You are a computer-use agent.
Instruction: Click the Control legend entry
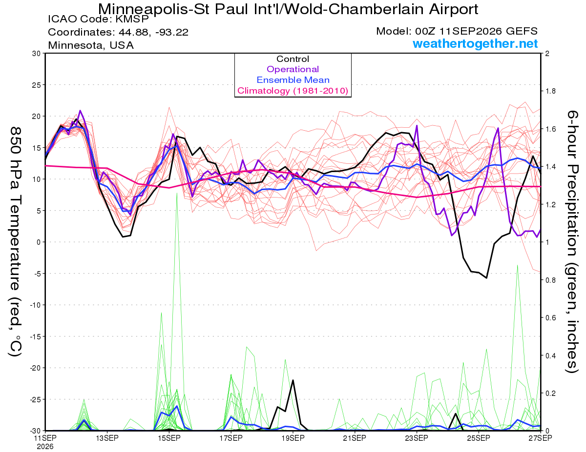pyautogui.click(x=293, y=59)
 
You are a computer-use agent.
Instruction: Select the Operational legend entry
pyautogui.click(x=293, y=69)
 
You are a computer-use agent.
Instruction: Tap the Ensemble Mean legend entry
pyautogui.click(x=293, y=80)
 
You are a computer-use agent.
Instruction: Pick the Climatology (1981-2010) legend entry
pyautogui.click(x=293, y=91)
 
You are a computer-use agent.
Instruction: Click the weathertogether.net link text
pyautogui.click(x=475, y=43)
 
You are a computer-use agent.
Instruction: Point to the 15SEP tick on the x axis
pyautogui.click(x=169, y=438)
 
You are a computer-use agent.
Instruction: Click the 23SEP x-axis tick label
pyautogui.click(x=417, y=438)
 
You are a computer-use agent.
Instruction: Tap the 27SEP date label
pyautogui.click(x=540, y=438)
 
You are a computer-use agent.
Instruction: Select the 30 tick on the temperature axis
pyautogui.click(x=36, y=54)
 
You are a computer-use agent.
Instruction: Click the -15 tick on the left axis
pyautogui.click(x=35, y=336)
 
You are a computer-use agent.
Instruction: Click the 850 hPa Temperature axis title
pyautogui.click(x=16, y=241)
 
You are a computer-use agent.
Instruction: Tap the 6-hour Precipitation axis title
pyautogui.click(x=572, y=241)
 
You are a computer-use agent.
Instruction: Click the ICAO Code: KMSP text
pyautogui.click(x=98, y=19)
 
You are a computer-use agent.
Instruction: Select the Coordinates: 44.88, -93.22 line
pyautogui.click(x=118, y=32)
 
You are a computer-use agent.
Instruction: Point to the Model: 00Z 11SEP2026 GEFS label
pyautogui.click(x=457, y=31)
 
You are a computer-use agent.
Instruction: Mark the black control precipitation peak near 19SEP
pyautogui.click(x=293, y=380)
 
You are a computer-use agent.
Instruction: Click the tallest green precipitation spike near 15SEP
pyautogui.click(x=177, y=193)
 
